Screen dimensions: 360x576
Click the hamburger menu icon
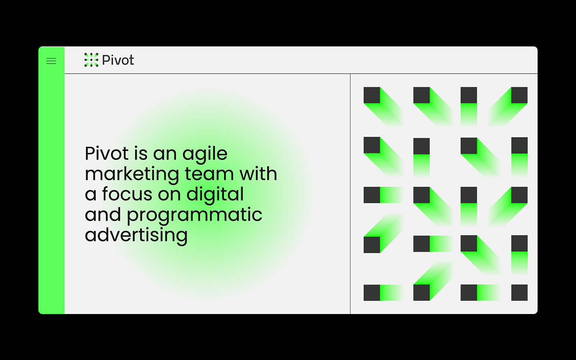coord(51,61)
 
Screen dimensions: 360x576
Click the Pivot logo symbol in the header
coord(91,60)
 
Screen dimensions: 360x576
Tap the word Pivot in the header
coord(118,60)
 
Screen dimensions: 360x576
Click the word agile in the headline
coord(205,154)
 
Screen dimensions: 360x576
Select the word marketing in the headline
coord(132,174)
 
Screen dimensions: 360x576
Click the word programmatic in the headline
coord(194,215)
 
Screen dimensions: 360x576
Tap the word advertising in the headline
coord(136,235)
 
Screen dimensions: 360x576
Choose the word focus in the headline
coord(127,194)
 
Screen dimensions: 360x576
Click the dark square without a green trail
coord(519,292)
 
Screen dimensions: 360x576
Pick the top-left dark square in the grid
coord(372,95)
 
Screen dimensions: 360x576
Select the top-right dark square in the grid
coord(519,95)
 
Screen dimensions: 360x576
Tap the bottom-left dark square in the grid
coord(372,292)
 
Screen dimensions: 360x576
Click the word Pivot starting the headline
coord(106,154)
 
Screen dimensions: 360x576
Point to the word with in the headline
coord(258,174)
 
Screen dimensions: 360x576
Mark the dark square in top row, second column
coord(421,95)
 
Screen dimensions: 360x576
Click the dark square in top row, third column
coord(468,95)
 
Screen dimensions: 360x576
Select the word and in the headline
coord(103,215)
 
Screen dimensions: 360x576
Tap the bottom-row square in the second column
coord(421,292)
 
